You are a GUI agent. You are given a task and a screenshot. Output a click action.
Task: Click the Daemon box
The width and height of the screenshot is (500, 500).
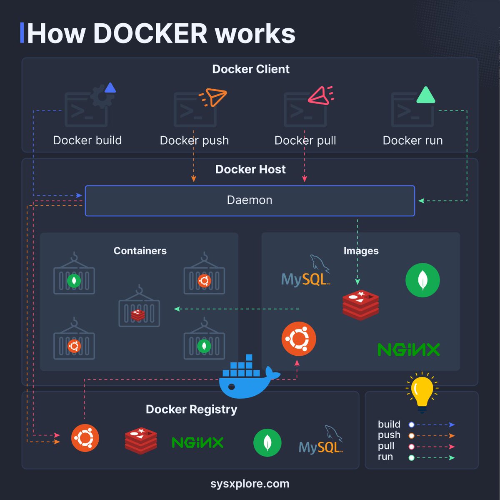point(250,201)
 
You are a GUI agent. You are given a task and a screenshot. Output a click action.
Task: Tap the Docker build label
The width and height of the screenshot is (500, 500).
point(87,141)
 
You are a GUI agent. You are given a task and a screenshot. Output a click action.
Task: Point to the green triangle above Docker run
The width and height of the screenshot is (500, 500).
point(425,96)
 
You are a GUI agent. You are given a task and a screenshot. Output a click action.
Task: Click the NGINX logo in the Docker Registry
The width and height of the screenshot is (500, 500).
point(197,442)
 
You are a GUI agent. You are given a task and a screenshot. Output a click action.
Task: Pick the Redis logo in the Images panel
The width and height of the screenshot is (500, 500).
point(361,305)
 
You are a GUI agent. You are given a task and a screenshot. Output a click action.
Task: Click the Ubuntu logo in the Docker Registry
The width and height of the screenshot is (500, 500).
point(85,438)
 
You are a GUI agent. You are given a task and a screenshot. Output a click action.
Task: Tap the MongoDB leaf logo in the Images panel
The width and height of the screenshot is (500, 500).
point(422,280)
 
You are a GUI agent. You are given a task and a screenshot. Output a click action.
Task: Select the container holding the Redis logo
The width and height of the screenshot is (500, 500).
point(139,311)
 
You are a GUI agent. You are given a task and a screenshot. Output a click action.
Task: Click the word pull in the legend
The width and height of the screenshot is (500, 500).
point(386,446)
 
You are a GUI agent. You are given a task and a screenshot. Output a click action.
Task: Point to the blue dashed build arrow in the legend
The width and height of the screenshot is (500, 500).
point(433,425)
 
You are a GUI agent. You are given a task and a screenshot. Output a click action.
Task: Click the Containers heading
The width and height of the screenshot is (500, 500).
point(140,251)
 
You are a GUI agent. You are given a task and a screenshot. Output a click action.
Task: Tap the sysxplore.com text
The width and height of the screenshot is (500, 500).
point(250,484)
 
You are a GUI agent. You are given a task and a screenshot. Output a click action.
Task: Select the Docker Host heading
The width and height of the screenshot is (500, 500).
point(250,169)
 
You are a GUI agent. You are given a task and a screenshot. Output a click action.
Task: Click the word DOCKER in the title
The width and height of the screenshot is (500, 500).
point(150,33)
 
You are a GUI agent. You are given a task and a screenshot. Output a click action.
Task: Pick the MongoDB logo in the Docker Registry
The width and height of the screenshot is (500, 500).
point(267,442)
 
